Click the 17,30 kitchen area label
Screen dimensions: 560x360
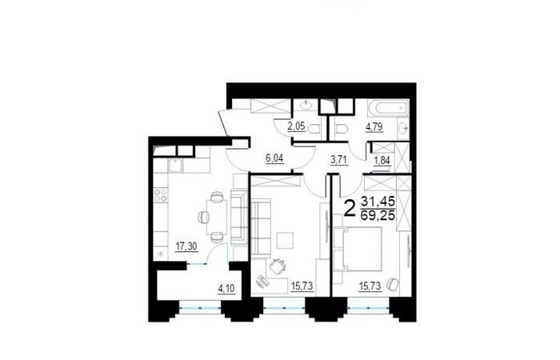tap(186, 246)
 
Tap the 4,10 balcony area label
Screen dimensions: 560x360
tap(226, 288)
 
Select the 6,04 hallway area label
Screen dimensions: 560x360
tap(274, 158)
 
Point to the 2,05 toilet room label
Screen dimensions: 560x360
tap(297, 126)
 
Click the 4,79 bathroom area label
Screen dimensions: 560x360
tap(374, 126)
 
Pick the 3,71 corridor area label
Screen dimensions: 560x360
tap(339, 160)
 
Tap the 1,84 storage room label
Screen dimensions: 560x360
tap(382, 162)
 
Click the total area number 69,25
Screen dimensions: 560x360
tap(378, 215)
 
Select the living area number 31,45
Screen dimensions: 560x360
tap(378, 202)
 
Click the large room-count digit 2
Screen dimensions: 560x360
tap(350, 209)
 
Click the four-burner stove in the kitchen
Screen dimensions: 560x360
tap(161, 195)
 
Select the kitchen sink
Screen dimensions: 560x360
tap(175, 166)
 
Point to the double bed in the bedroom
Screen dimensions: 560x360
tap(357, 249)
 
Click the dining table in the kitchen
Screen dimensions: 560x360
tap(217, 217)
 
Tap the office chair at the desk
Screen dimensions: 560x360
tap(278, 266)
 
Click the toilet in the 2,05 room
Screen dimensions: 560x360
tap(314, 129)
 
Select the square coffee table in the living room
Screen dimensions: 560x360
tap(286, 240)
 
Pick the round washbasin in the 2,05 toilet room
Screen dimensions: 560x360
tap(306, 105)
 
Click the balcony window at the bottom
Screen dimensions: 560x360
tap(200, 307)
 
